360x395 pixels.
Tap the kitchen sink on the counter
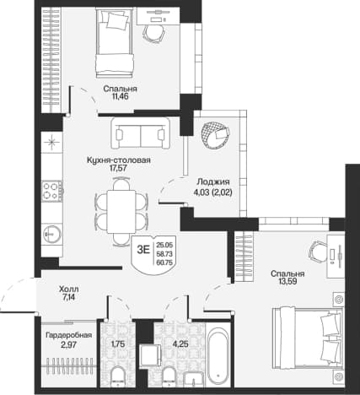pyautogui.click(x=52, y=233)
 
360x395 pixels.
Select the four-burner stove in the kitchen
pyautogui.click(x=52, y=191)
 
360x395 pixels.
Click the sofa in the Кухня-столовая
pyautogui.click(x=141, y=133)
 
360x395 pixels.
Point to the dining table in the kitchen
pyautogui.click(x=121, y=212)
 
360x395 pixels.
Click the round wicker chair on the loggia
pyautogui.click(x=215, y=133)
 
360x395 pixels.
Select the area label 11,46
pyautogui.click(x=120, y=97)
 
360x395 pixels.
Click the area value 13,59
pyautogui.click(x=287, y=281)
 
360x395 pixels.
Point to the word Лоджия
pyautogui.click(x=213, y=181)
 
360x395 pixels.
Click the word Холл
pyautogui.click(x=69, y=289)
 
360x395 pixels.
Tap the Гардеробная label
pyautogui.click(x=69, y=335)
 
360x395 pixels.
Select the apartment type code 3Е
pyautogui.click(x=143, y=249)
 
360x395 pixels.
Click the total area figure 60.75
pyautogui.click(x=165, y=262)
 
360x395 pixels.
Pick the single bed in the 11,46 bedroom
pyautogui.click(x=115, y=43)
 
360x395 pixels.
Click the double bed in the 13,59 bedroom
pyautogui.click(x=308, y=338)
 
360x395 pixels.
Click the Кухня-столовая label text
pyautogui.click(x=119, y=160)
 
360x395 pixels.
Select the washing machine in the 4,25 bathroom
pyautogui.click(x=150, y=355)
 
